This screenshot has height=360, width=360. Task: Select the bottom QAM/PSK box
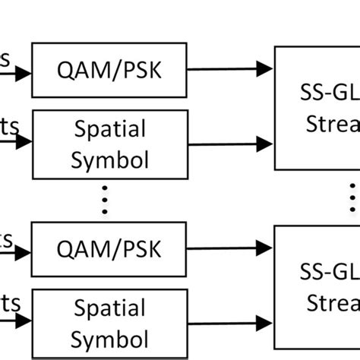(109, 248)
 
